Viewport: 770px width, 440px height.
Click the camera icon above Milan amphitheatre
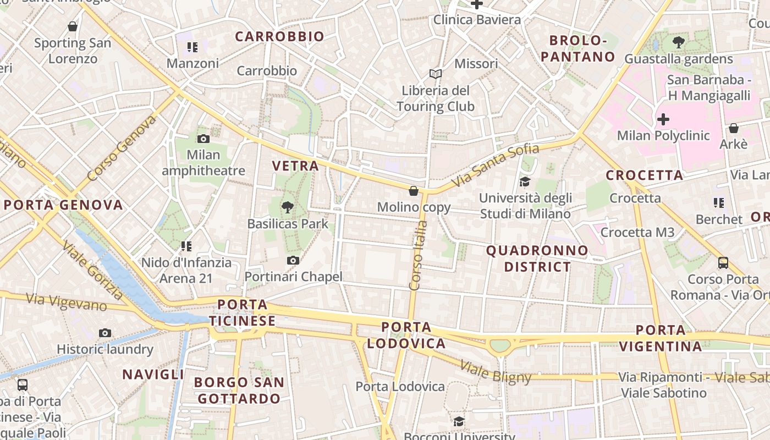[204, 139]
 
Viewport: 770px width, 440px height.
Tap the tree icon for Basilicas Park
[287, 207]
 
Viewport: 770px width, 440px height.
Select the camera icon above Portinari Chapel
[293, 260]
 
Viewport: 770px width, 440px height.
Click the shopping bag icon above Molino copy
[414, 191]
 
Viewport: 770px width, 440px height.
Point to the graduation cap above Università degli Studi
[525, 182]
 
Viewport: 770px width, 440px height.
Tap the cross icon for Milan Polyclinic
[663, 119]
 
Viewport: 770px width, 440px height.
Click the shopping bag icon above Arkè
[733, 128]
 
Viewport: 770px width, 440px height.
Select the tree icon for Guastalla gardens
[679, 42]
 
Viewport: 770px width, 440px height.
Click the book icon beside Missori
[436, 74]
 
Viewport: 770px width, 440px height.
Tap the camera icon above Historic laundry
[105, 333]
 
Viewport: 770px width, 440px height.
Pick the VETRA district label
[295, 166]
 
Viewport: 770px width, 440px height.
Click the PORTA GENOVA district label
[63, 205]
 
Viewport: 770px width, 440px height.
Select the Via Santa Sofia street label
[494, 164]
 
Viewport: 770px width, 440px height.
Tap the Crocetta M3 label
[637, 232]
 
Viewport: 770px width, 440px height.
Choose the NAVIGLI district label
[153, 375]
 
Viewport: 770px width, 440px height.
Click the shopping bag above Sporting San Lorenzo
[73, 26]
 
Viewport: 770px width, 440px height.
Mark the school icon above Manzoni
[192, 47]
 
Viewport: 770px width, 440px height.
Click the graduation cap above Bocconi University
[459, 421]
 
